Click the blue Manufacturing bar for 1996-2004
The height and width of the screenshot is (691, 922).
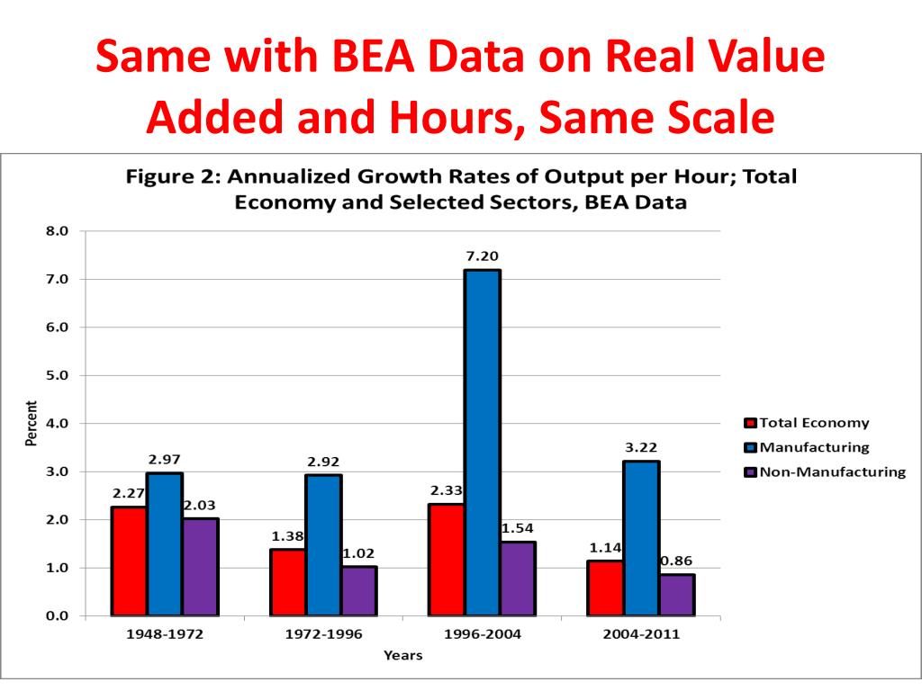[483, 443]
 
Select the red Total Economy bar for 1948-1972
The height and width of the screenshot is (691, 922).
[129, 561]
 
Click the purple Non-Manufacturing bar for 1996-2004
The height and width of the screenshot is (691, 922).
[518, 579]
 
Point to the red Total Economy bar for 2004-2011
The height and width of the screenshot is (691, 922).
[605, 588]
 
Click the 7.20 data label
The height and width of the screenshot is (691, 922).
[483, 256]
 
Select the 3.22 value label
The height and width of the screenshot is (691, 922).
[641, 447]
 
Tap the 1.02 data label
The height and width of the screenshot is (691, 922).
[359, 553]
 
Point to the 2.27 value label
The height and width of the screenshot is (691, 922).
[129, 493]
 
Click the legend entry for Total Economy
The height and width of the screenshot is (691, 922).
[807, 423]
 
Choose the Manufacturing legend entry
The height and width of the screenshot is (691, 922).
[807, 447]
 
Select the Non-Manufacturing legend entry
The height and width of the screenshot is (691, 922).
[825, 471]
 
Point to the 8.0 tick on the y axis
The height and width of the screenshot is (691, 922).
[58, 231]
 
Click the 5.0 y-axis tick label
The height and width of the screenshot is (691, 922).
[58, 375]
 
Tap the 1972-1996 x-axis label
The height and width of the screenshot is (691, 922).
[323, 634]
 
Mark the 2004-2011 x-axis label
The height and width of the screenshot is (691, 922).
[641, 634]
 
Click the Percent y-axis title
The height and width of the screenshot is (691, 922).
[32, 424]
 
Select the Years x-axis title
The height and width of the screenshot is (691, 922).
[402, 656]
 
